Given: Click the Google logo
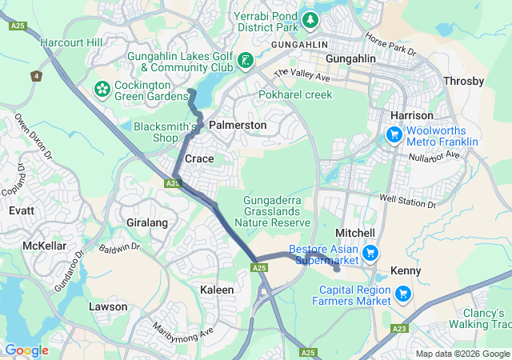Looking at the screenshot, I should point(26,350).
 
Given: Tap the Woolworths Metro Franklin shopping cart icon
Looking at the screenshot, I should point(394,136).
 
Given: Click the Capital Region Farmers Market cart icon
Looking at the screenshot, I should point(403,294).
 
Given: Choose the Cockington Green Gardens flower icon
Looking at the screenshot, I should point(102,86).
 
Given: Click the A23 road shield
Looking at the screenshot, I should point(400,329).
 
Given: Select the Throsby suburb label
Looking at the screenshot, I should point(463,82).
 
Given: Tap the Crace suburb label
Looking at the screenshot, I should point(199,159).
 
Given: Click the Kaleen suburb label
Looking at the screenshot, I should point(217,290).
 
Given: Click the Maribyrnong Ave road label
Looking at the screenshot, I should point(185,330).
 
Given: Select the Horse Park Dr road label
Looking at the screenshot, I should point(390,44).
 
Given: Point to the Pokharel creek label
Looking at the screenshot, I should point(295,94).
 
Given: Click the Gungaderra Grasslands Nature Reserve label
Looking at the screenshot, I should point(274,210).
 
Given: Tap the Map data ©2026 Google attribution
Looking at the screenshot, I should point(462,354).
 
